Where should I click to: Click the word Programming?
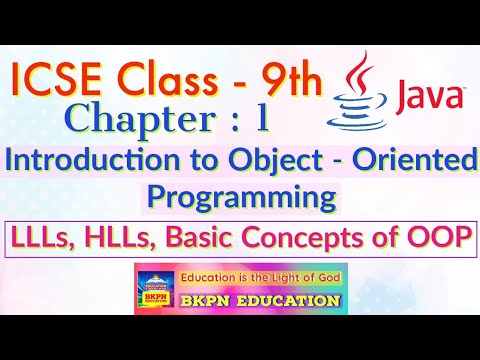[240, 197]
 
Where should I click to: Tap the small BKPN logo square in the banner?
[155, 289]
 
